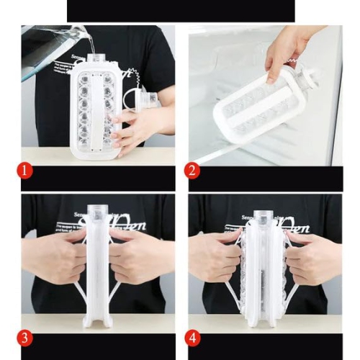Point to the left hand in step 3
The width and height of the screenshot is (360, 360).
pyautogui.click(x=58, y=256)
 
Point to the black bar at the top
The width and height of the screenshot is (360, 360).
pyautogui.click(x=180, y=11)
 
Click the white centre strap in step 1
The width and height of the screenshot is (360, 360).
pyautogui.click(x=93, y=108)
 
